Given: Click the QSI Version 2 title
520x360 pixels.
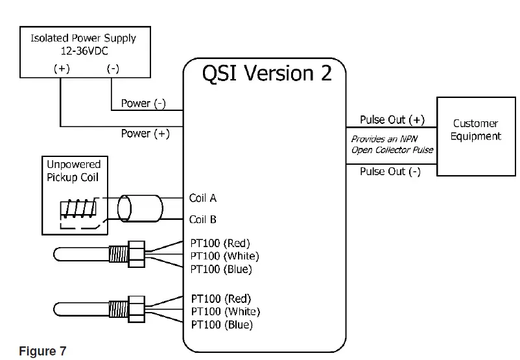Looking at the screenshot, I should click(x=266, y=73).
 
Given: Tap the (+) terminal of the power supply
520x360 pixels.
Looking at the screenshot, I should click(x=62, y=69).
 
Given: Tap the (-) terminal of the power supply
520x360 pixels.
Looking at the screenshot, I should click(x=112, y=69).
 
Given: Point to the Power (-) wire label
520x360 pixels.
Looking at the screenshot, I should click(x=143, y=103).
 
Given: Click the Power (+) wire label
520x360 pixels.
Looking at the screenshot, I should click(x=145, y=134).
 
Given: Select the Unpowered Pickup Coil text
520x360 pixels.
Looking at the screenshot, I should click(x=73, y=171).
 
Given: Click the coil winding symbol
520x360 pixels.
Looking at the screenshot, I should click(x=77, y=208).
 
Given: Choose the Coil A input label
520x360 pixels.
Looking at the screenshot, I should click(x=202, y=198).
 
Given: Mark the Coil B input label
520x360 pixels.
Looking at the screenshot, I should click(x=202, y=219).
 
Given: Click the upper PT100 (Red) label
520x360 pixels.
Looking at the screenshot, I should click(x=220, y=243).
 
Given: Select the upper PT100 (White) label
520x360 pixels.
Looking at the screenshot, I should click(x=224, y=256).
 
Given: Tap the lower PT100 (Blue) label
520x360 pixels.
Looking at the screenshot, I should click(x=221, y=324).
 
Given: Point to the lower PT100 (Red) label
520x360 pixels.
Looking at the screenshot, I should click(x=220, y=299).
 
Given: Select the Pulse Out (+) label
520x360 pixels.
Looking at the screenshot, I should click(x=392, y=119).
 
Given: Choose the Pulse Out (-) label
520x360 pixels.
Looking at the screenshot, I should click(x=390, y=171).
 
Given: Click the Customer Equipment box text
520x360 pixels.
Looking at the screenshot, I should click(x=476, y=130).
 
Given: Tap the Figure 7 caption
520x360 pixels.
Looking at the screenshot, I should click(x=43, y=351).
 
